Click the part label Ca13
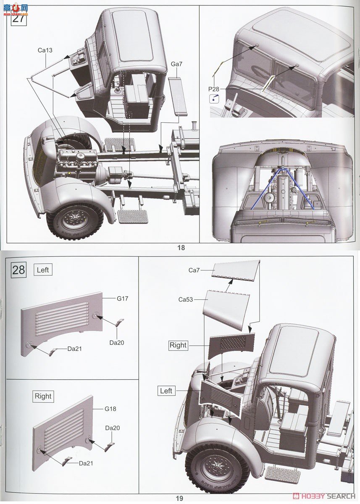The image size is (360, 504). tap(45, 50)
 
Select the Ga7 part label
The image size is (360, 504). tap(176, 64)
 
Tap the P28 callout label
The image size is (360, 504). tap(214, 89)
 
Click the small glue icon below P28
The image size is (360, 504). tap(214, 99)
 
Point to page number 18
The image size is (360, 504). tap(181, 248)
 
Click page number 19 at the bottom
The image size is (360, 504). tap(179, 499)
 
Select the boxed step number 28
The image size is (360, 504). tap(19, 269)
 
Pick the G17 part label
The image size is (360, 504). tap(123, 299)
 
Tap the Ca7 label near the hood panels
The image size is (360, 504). tap(194, 270)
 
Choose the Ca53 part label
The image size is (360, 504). tap(185, 299)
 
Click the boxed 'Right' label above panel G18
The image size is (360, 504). tap(43, 396)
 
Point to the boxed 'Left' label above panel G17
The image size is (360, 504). tap(43, 270)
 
